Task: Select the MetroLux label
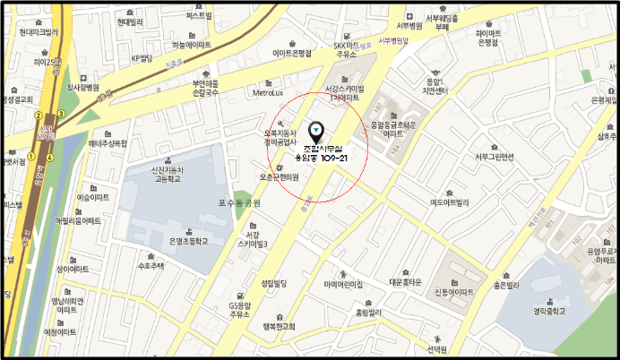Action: point(269,91)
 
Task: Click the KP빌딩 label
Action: point(143,59)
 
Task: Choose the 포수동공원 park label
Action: point(237,203)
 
